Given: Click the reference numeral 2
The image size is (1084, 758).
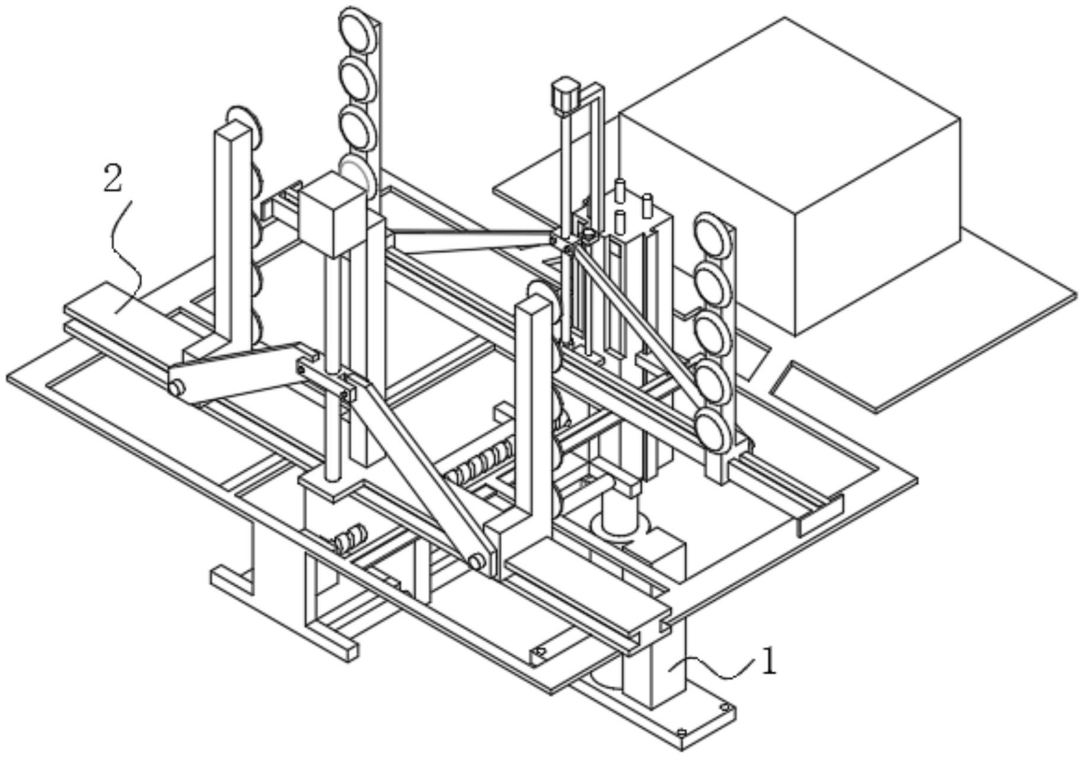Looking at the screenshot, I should click(113, 179).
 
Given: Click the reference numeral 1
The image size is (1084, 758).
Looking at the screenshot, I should click(769, 662).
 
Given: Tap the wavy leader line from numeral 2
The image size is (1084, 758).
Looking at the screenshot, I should click(127, 255).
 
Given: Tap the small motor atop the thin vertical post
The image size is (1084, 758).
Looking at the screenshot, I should click(564, 95).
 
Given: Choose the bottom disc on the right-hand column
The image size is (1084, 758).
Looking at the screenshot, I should click(714, 430).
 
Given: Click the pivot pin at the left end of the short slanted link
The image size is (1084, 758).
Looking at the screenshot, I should click(176, 388).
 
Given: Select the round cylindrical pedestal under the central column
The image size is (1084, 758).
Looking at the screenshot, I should click(620, 519).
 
